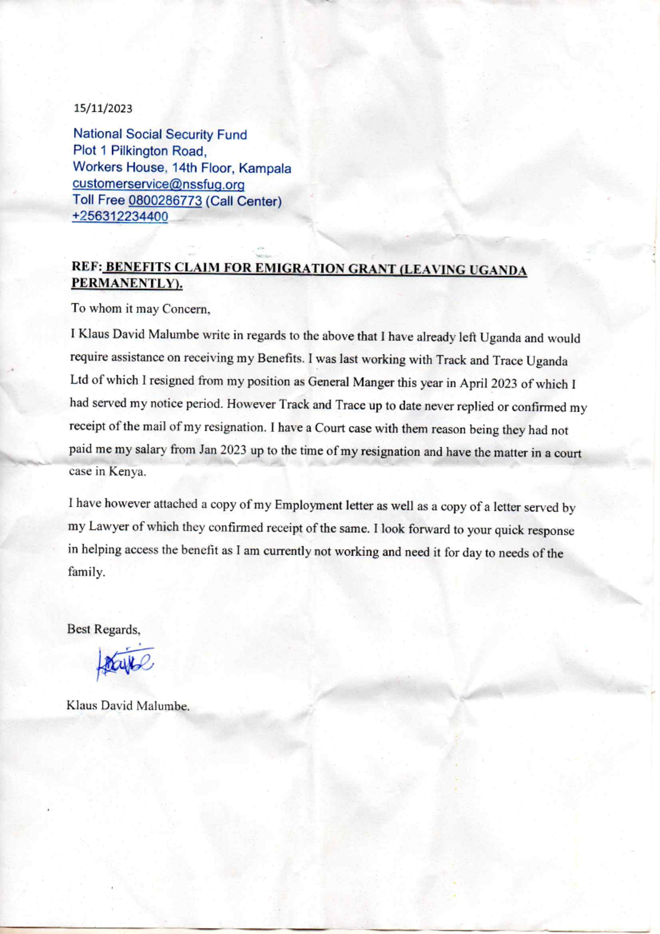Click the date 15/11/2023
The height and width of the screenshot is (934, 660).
103,108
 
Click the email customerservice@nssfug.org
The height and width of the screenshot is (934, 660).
158,184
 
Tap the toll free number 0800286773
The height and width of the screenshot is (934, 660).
165,201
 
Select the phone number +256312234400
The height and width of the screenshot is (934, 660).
120,217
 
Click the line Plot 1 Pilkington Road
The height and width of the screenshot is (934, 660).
140,151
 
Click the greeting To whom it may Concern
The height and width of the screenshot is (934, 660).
140,309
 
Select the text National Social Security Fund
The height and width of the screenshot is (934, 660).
160,134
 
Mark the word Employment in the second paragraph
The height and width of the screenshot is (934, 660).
308,505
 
